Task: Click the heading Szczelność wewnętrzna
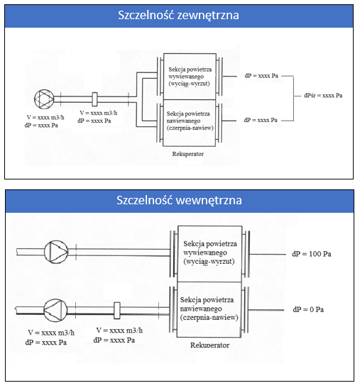(179, 200)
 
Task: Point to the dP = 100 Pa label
(312, 253)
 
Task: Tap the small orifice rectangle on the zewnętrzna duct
(95, 99)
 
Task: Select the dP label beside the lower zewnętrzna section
(261, 120)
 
